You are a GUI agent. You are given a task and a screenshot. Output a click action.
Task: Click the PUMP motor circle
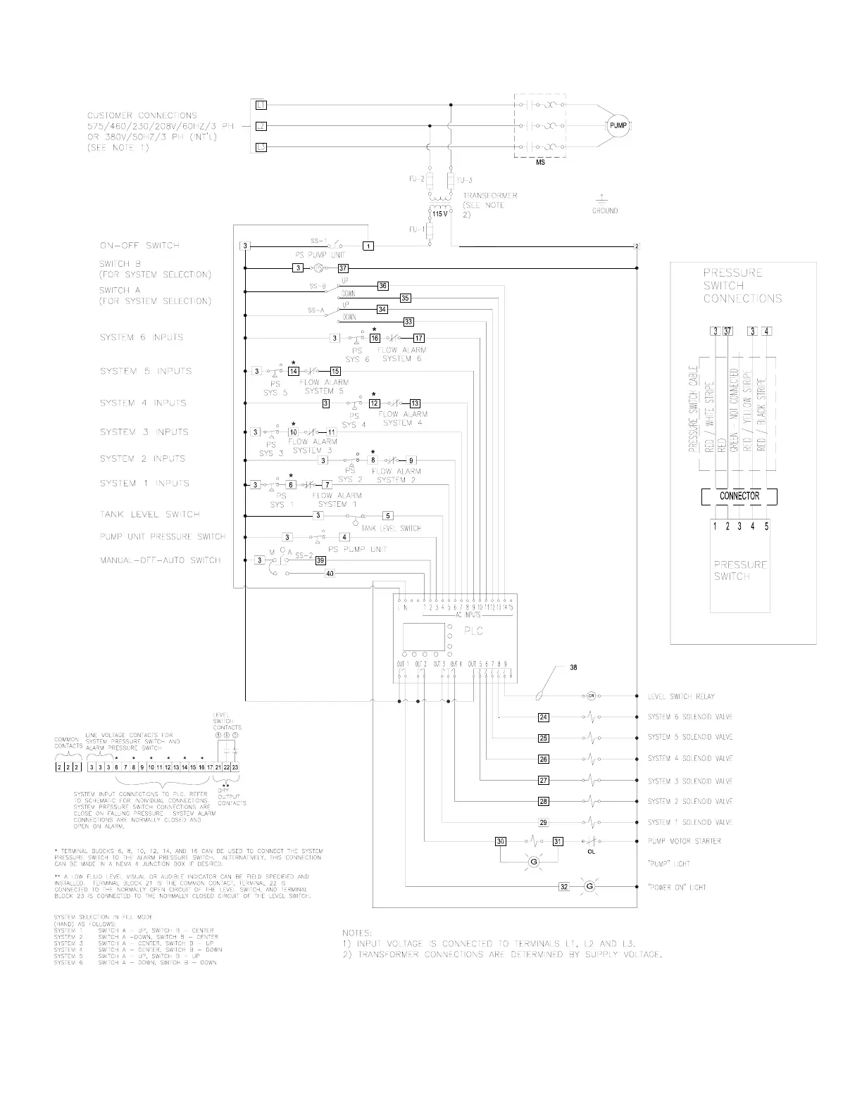click(x=618, y=126)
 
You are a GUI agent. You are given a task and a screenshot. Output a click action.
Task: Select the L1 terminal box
click(x=260, y=106)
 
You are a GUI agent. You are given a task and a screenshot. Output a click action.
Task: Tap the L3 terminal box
click(x=260, y=148)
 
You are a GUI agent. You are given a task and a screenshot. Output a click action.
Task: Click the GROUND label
click(x=604, y=210)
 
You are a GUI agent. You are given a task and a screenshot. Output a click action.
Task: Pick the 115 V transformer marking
click(x=438, y=213)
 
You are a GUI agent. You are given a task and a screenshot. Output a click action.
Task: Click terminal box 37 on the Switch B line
click(x=343, y=268)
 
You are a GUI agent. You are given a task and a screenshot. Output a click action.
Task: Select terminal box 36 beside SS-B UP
click(x=382, y=286)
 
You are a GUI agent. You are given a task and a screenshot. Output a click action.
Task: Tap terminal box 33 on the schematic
click(x=408, y=322)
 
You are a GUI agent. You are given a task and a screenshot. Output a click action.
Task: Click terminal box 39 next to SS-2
click(x=320, y=561)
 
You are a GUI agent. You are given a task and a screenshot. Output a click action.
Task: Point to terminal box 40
click(x=329, y=574)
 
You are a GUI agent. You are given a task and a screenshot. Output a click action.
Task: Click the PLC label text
click(x=473, y=631)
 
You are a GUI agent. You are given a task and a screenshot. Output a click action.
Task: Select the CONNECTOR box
click(x=739, y=496)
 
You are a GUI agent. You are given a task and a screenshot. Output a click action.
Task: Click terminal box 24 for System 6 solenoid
click(x=543, y=718)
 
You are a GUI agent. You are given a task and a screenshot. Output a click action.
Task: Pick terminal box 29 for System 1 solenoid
click(x=543, y=822)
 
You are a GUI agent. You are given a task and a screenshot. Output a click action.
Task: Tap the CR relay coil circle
click(x=590, y=696)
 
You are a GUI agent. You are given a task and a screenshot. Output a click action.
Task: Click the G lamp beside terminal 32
click(x=590, y=887)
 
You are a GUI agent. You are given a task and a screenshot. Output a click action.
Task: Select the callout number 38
click(x=573, y=667)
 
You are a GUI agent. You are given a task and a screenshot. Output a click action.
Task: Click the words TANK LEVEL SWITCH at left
click(x=149, y=515)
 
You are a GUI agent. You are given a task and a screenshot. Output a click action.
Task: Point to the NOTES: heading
click(x=357, y=932)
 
